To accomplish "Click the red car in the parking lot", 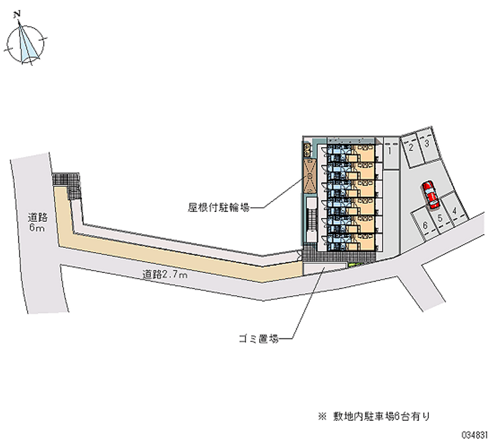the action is coord(430,194).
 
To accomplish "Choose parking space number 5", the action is coord(440,218).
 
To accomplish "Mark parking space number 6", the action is coord(426,226).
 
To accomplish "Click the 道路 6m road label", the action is coord(36,222).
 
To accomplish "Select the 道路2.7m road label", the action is coord(165,275).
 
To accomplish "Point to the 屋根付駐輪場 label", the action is coord(219,208).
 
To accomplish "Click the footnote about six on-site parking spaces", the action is coord(375,416).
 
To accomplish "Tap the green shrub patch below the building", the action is coord(353,265).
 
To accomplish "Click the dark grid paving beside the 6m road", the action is coord(67,182).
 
